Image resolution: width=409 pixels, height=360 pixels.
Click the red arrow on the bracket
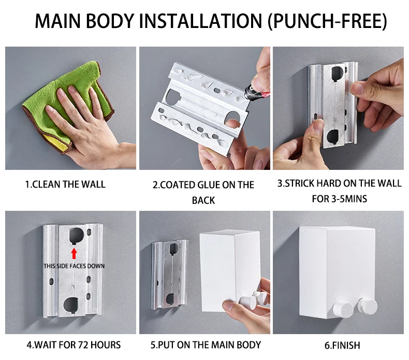(74, 253)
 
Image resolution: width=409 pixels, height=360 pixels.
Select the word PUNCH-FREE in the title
(328, 21)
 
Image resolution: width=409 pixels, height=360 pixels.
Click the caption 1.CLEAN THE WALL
(65, 184)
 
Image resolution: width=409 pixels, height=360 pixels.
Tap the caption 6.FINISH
(342, 345)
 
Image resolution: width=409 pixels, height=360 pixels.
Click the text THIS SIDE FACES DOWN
(74, 266)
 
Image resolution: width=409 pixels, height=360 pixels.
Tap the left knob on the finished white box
(343, 309)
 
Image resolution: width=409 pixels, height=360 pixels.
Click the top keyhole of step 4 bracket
(77, 235)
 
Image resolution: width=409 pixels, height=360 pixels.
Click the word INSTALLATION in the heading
(200, 21)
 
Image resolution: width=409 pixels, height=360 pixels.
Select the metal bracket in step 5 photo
(169, 275)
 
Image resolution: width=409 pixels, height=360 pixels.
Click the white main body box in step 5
(229, 271)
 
